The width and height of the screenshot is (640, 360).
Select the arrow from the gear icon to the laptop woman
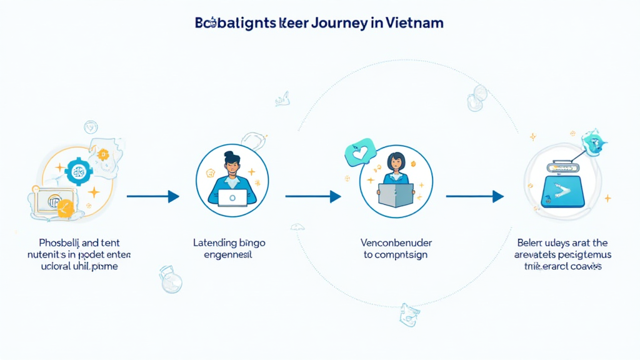[152, 196]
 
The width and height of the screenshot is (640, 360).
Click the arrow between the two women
[312, 196]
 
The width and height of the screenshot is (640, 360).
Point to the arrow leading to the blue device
[474, 196]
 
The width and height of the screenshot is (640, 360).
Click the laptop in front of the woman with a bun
[232, 197]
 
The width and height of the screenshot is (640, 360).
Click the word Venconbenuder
[396, 243]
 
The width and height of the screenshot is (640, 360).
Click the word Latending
[215, 243]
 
